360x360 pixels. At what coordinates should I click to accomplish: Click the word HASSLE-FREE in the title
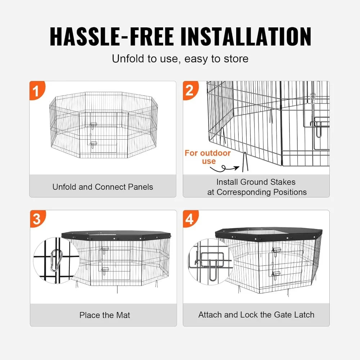click(x=112, y=36)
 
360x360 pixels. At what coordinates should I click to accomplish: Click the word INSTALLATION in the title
click(x=243, y=36)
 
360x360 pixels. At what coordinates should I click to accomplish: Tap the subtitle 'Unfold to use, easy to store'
click(x=180, y=58)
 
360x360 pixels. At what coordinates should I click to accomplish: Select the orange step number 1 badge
click(x=36, y=91)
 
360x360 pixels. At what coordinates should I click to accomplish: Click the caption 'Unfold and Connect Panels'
click(x=103, y=187)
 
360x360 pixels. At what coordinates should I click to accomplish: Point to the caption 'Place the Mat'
click(x=104, y=315)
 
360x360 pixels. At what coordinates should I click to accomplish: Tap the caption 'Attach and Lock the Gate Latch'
click(x=256, y=315)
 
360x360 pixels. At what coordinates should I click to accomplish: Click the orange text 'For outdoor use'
click(x=208, y=157)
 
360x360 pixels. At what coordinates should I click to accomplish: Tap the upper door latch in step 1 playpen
click(x=93, y=125)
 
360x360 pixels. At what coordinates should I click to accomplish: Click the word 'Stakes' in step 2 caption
click(x=282, y=182)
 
